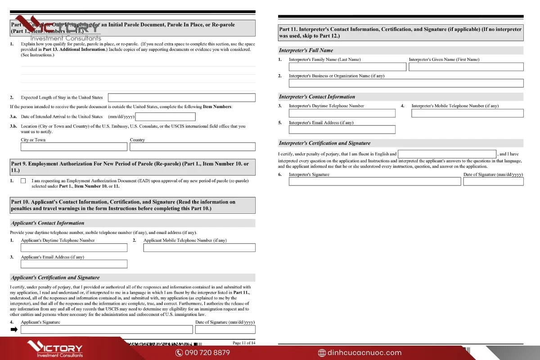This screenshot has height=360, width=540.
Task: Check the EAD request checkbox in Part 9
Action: point(23,181)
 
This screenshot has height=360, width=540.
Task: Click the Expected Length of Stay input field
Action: point(181,98)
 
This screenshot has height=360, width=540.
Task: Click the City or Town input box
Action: point(74,147)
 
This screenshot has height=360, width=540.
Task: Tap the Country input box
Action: point(192,147)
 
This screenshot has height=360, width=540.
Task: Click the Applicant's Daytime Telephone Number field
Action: point(74,247)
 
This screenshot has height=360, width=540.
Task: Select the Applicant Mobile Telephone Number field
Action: point(199,247)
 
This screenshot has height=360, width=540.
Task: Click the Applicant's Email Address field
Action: point(74,264)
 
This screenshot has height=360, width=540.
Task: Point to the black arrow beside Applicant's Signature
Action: point(14,330)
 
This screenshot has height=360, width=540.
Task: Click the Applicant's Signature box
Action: point(106,330)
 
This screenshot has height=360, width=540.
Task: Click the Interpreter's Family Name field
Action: point(347,67)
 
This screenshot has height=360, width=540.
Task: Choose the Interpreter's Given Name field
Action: point(466,67)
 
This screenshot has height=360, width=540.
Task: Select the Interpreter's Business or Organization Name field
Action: point(406,83)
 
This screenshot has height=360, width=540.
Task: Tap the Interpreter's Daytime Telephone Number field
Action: point(342,113)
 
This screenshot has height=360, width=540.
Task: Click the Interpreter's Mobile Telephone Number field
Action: point(467,113)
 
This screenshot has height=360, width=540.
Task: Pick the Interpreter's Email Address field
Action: point(342,130)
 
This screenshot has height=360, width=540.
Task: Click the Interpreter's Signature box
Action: point(374,181)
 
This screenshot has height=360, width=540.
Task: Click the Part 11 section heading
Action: point(400,32)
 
